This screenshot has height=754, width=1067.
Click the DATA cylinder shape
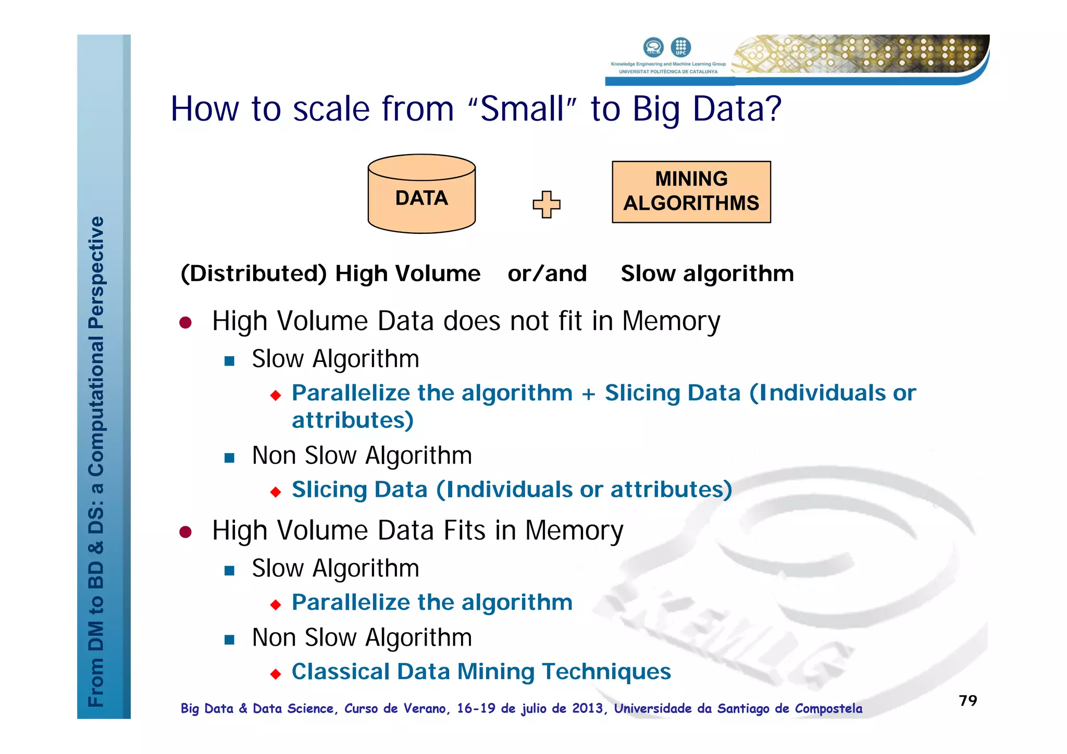[x=421, y=198]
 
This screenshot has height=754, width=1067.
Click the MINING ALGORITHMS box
[x=691, y=192]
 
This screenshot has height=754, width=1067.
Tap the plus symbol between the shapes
[x=546, y=204]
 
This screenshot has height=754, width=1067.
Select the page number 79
[x=967, y=700]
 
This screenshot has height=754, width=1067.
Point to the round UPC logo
[x=680, y=47]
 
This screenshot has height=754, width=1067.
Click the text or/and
[x=547, y=273]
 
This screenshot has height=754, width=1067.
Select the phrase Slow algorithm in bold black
[x=707, y=273]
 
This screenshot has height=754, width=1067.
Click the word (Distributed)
[x=254, y=273]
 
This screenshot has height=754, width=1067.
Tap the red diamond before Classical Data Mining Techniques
[x=276, y=674]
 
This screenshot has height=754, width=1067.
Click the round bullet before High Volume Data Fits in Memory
[x=185, y=532]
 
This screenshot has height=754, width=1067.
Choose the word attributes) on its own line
[x=353, y=420]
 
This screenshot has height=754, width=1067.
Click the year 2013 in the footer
[x=588, y=708]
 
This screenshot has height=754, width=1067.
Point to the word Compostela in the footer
[x=828, y=708]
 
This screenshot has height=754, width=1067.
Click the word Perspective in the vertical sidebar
[x=96, y=272]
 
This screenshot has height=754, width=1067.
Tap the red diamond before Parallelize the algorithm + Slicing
[x=276, y=395]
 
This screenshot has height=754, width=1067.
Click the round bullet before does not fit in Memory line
[x=185, y=322]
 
